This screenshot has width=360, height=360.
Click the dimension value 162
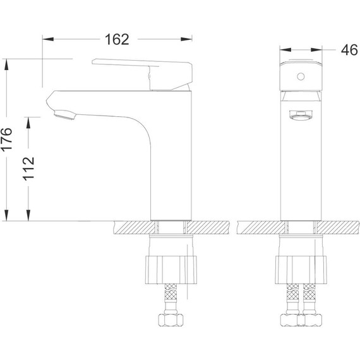(116, 39)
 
